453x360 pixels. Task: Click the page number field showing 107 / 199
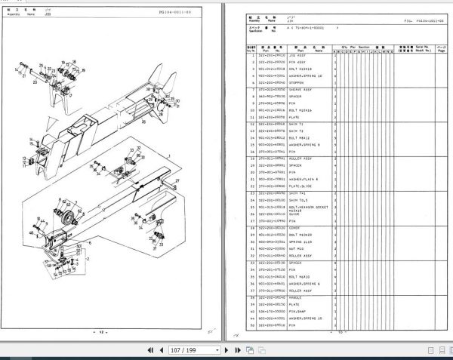[196, 350]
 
